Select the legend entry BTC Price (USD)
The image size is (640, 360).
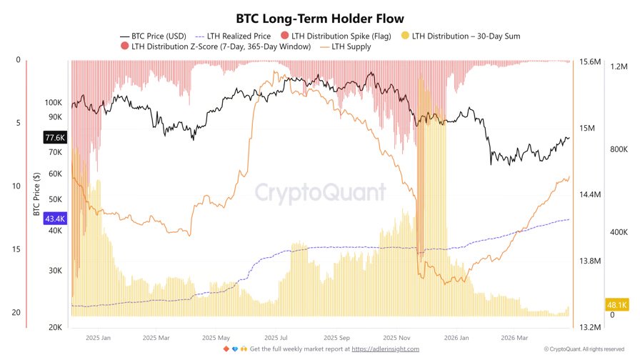(x=158, y=35)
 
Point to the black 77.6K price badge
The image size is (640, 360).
(x=55, y=137)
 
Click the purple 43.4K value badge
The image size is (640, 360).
(x=55, y=218)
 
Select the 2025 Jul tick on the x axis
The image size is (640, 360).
(x=276, y=337)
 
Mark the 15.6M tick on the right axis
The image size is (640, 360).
(x=589, y=62)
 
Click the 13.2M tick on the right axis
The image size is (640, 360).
(x=589, y=327)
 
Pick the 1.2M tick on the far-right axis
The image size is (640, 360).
(x=619, y=66)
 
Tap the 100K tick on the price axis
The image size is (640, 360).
(x=54, y=103)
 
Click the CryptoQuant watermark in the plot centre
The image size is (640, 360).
(x=321, y=192)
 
